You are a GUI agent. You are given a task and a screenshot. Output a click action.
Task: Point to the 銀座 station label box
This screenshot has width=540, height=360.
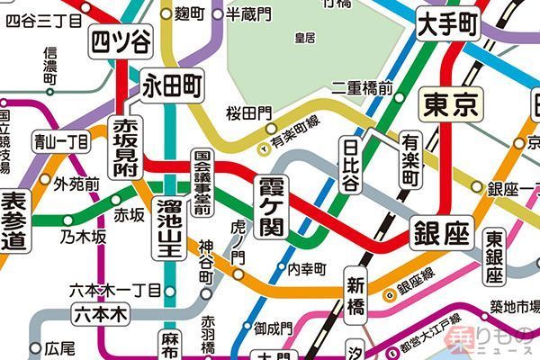pyautogui.click(x=441, y=236)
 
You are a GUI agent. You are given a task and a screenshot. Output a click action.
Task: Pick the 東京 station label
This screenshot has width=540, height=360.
pyautogui.click(x=453, y=105)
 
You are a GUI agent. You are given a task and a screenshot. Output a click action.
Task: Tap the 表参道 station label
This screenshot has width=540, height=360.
pyautogui.click(x=14, y=221)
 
